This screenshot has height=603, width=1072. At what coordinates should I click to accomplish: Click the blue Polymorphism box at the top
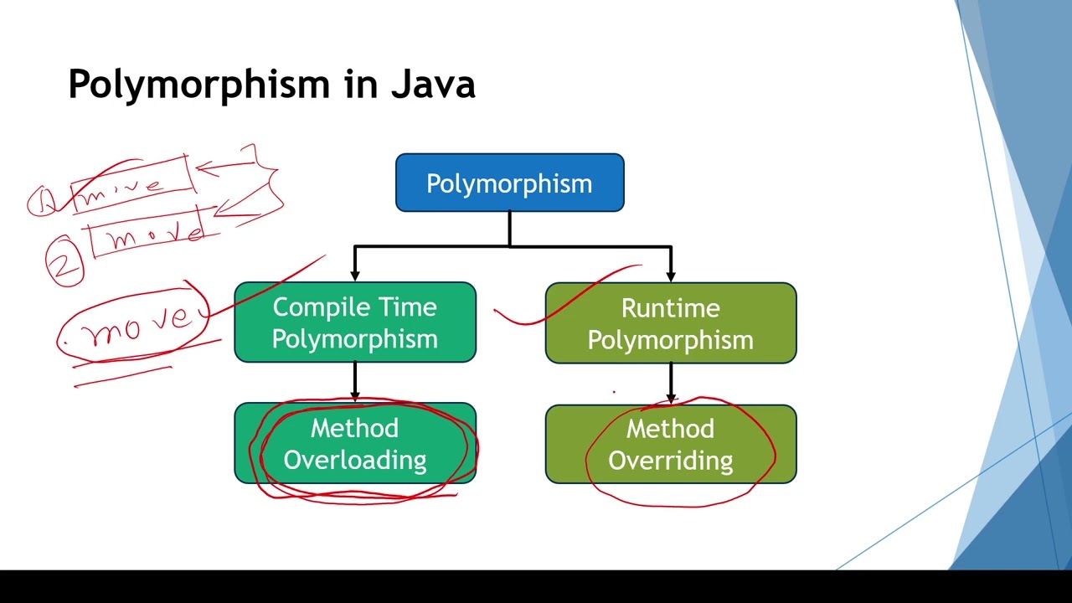point(509,183)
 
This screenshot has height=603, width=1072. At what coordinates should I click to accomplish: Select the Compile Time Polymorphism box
point(355,322)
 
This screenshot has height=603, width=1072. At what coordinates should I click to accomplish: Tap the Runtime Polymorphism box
point(670,323)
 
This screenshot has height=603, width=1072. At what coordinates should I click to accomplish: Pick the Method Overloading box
point(355,444)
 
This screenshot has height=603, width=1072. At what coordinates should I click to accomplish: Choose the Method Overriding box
point(670,444)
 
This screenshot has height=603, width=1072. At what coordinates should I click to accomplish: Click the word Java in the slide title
point(433,84)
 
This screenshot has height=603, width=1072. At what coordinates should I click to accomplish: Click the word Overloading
point(355,460)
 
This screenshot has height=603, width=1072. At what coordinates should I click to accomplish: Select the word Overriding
point(670,461)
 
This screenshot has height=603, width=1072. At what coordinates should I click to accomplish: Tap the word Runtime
point(670,308)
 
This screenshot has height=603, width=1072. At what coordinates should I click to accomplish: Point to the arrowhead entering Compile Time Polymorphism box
point(355,274)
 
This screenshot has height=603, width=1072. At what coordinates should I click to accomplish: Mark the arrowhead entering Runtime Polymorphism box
point(671,274)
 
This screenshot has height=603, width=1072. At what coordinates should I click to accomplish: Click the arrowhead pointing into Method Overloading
point(355,395)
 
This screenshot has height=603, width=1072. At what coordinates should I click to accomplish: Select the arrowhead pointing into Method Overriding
point(671,397)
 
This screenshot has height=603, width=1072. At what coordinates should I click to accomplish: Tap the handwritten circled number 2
point(64,263)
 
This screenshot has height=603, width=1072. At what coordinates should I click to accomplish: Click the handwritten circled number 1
point(42,201)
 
